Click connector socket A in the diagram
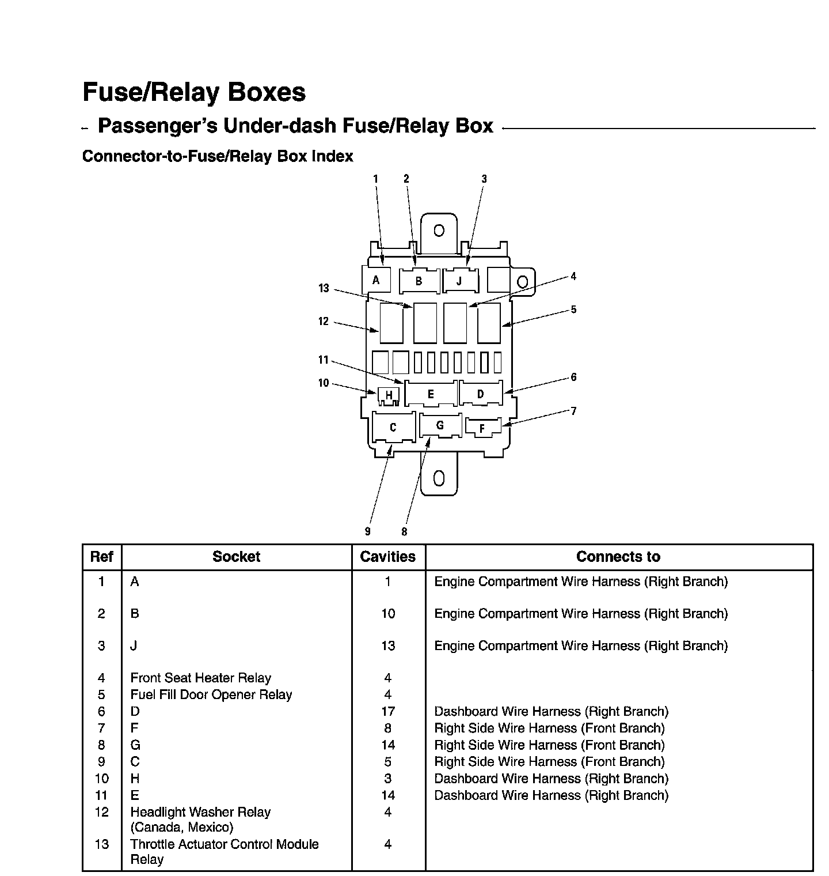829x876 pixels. point(376,280)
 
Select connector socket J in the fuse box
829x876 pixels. point(459,281)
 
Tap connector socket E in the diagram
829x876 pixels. point(431,394)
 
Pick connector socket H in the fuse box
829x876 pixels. point(389,395)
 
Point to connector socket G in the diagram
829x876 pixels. point(440,425)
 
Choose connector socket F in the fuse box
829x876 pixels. point(482,428)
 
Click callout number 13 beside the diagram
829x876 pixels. point(324,288)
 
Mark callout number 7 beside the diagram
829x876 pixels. point(573,411)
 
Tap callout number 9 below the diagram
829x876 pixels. point(367,531)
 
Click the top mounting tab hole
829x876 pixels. point(439,231)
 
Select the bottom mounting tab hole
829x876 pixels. point(439,478)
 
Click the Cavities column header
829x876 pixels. point(388,557)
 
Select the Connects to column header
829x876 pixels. point(618,557)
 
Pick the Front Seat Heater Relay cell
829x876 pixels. point(200,678)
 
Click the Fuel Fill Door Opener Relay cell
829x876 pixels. point(211,694)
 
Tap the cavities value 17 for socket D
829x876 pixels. point(388,711)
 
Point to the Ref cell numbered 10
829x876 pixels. point(101,779)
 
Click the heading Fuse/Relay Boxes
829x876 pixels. point(194,92)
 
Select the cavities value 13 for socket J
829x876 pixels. point(388,645)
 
